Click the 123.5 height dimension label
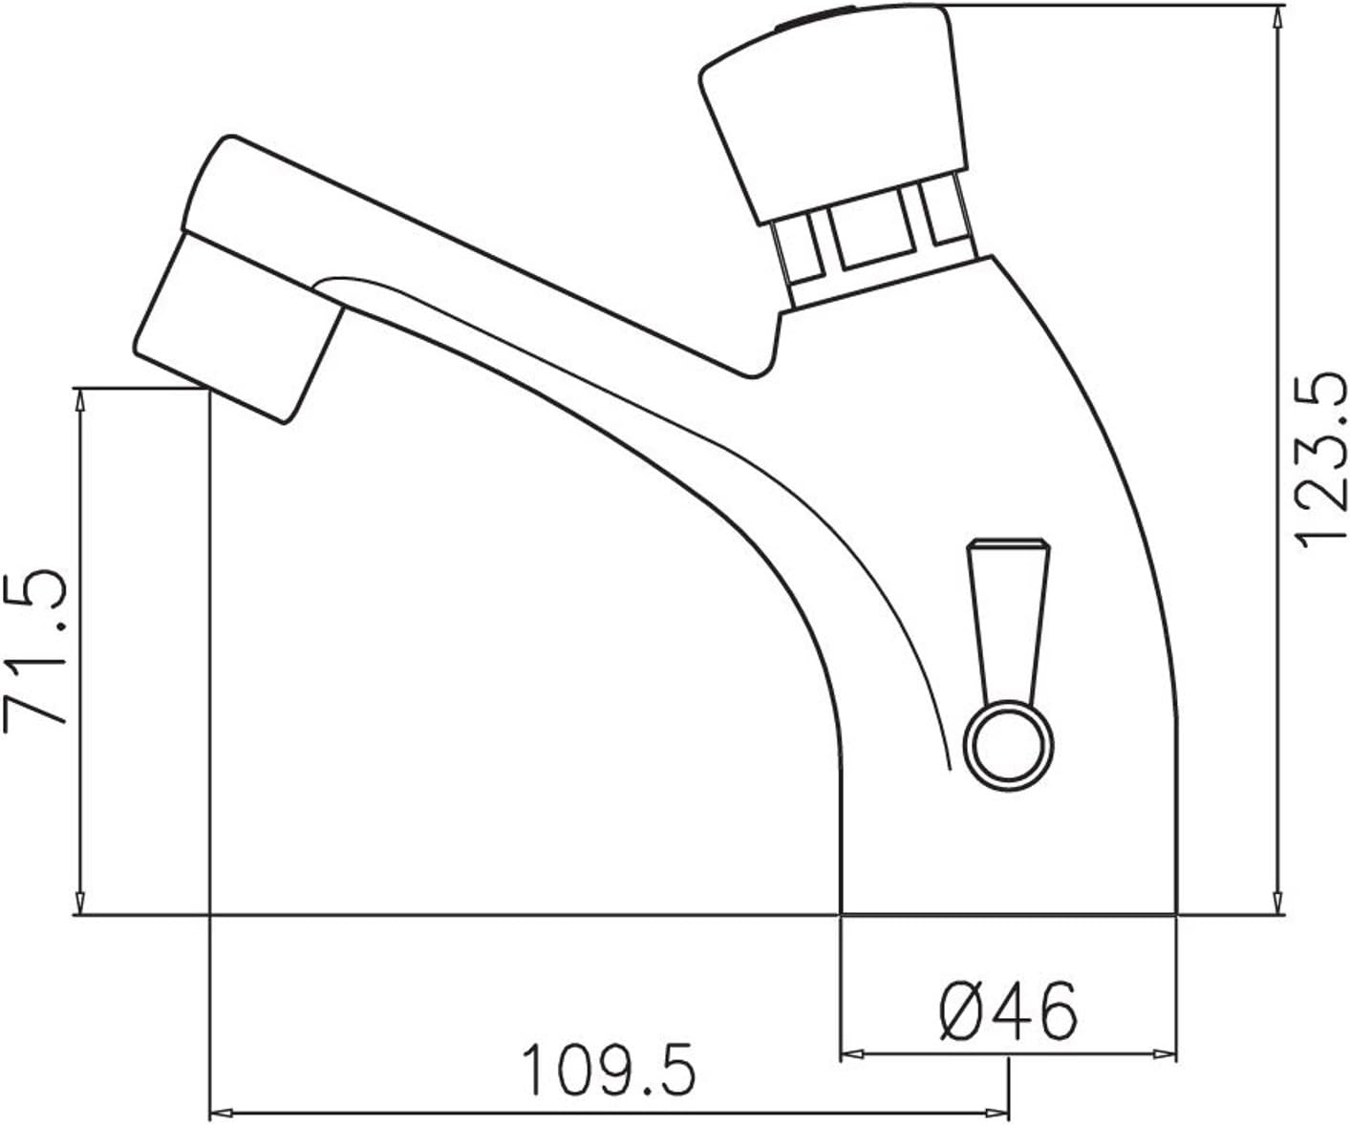1320,460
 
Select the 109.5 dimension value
610,1071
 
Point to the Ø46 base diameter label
1007,1010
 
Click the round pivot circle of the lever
1010,745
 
